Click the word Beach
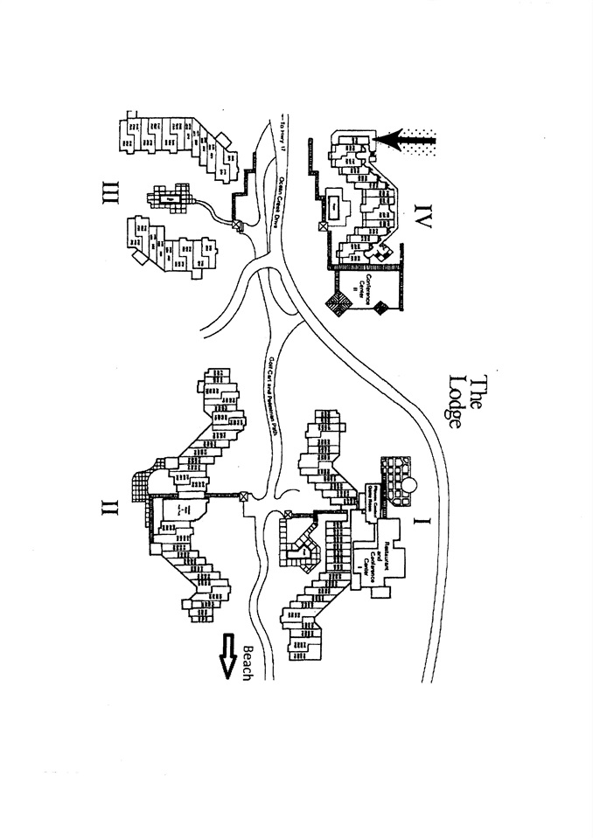tap(248, 664)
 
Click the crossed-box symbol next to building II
tap(243, 499)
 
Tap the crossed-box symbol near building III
tap(235, 225)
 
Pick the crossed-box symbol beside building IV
tap(323, 225)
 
